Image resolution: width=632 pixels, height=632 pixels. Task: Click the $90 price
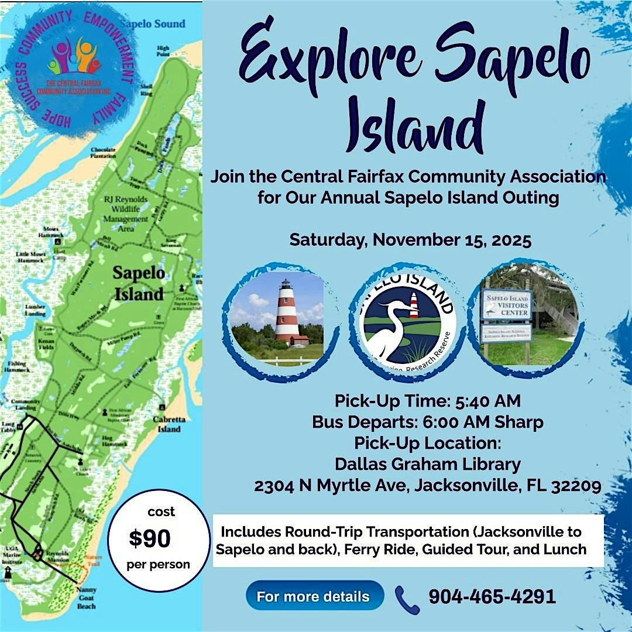pos(150,539)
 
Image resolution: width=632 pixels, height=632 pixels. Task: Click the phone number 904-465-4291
pos(492,596)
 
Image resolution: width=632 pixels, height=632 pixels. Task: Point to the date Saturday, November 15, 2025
pos(410,240)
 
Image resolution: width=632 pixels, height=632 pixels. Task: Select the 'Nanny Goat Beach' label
pos(86,597)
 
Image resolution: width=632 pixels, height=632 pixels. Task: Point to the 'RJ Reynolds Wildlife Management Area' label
pos(126,213)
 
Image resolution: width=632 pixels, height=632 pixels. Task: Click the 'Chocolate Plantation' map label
pos(103,153)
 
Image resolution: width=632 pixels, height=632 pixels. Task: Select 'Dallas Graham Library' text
pos(427,465)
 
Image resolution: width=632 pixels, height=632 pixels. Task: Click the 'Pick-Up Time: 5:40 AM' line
pos(427,401)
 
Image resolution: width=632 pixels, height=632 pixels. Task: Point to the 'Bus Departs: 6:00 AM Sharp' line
pos(427,422)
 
